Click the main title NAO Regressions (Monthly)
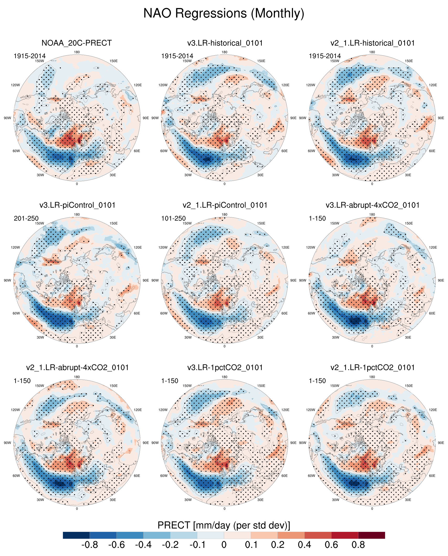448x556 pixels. tap(224, 13)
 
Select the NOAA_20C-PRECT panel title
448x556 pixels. tap(77, 43)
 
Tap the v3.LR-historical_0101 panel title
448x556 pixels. tap(225, 43)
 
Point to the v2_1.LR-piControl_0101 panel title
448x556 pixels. tap(225, 205)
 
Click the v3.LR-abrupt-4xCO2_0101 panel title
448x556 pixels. tap(372, 205)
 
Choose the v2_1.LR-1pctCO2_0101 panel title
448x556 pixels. tap(372, 368)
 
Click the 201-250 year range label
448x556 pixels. tap(26, 218)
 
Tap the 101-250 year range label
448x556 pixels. tap(173, 218)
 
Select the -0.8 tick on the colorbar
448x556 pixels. tap(90, 545)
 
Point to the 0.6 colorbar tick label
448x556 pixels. tap(331, 545)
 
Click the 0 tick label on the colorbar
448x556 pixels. tap(224, 545)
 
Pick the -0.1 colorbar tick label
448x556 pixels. tap(197, 545)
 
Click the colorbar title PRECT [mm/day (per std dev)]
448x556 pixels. tap(224, 525)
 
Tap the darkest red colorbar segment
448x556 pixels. tap(371, 535)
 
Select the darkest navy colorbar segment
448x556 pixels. tap(76, 535)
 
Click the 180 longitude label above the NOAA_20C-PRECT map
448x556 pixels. tap(77, 52)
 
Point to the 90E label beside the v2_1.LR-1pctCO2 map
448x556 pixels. tap(441, 443)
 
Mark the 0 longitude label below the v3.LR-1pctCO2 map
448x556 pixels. tap(225, 509)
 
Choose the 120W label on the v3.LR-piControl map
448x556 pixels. tap(15, 247)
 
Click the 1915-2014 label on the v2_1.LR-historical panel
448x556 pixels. tap(325, 56)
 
